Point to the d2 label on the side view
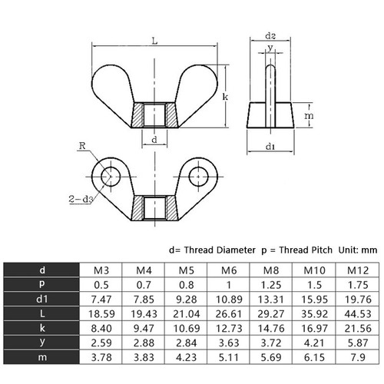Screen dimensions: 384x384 tap(270, 35)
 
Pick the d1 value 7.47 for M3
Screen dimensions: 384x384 tap(101, 299)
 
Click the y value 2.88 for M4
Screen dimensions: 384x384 tap(143, 343)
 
